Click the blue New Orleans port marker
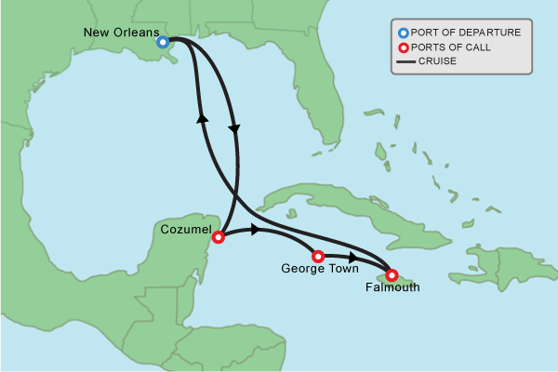click(x=163, y=42)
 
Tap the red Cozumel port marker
click(x=219, y=237)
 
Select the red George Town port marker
click(x=318, y=256)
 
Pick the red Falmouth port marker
click(x=392, y=275)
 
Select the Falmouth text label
click(x=393, y=288)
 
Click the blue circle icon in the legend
click(x=404, y=33)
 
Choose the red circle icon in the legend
click(x=404, y=47)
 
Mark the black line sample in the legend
click(x=404, y=62)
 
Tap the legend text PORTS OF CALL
click(x=456, y=47)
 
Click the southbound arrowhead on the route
click(x=234, y=128)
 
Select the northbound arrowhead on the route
click(x=201, y=117)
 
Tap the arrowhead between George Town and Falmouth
click(x=353, y=257)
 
